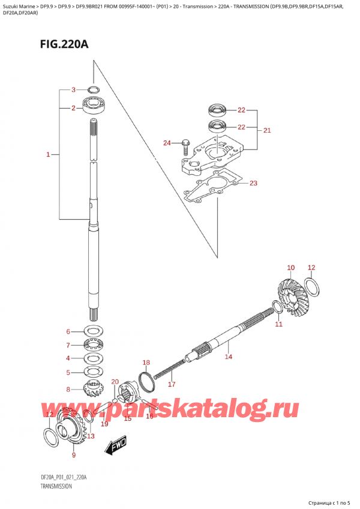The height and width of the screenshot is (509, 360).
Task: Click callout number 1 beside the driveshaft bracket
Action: click(x=47, y=155)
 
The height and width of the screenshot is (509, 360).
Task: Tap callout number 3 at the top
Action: click(x=73, y=90)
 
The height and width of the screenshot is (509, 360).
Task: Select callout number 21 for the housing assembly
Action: click(x=268, y=130)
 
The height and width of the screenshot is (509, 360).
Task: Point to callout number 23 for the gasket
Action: click(x=253, y=183)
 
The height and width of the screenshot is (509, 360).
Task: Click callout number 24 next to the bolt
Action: click(x=167, y=143)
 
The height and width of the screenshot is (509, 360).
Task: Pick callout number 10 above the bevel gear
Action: click(x=290, y=268)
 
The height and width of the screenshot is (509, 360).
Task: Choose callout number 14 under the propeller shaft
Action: click(x=228, y=357)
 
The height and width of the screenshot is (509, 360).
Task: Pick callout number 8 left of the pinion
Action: click(x=68, y=389)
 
